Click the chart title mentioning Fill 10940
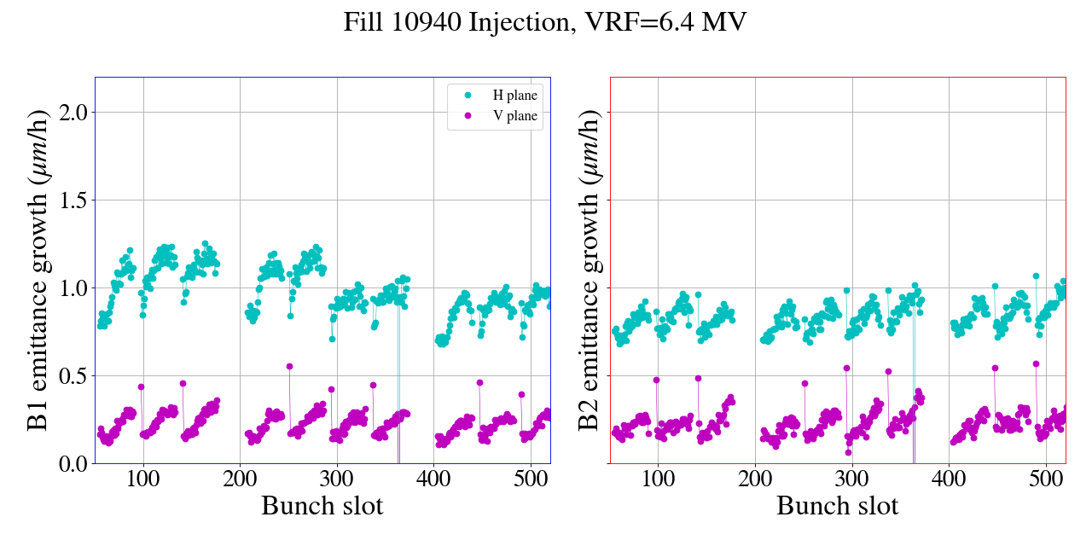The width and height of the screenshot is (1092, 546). coord(545,22)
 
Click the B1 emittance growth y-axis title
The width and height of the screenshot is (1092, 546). coord(38,270)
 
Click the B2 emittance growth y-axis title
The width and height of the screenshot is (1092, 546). coord(590,270)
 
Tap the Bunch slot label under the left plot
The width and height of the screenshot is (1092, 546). coord(322,506)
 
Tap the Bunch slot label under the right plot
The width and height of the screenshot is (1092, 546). coord(837,506)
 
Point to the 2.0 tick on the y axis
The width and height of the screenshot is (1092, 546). coord(73,112)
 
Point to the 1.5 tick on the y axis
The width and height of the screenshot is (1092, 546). coord(73,200)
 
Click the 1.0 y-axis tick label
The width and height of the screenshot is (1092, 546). coord(73,288)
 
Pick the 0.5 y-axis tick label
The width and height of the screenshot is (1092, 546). coord(73,375)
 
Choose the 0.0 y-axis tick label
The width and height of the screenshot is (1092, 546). coord(73,463)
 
